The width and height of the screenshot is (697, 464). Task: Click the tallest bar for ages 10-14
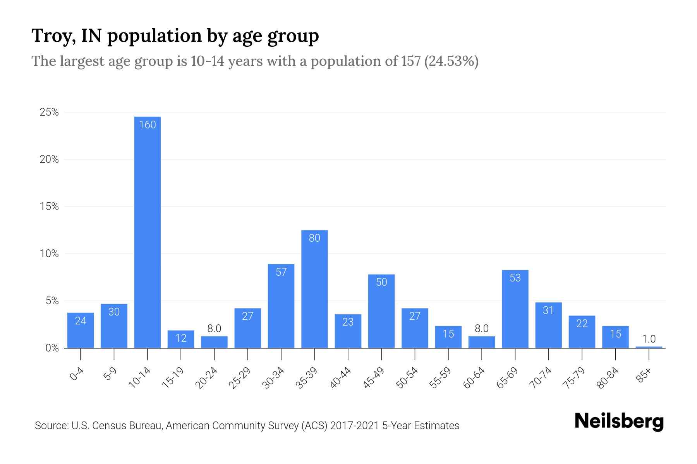coord(147,232)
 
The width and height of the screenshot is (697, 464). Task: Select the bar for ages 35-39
coord(314,290)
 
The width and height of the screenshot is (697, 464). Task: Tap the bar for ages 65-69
coord(515,309)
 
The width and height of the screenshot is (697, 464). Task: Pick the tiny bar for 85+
coord(649,347)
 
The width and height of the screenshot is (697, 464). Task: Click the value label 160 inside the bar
coord(147,125)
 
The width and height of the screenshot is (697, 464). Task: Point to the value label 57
coord(281,272)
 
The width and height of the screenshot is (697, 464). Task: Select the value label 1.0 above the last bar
coord(649,339)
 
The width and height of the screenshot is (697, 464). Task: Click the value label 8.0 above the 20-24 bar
coord(214,329)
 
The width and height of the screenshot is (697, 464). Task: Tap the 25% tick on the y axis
coord(49,113)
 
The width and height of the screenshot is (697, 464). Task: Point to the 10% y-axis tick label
coord(49,254)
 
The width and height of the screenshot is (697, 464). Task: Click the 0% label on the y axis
coord(52,348)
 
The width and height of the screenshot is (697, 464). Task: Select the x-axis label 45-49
coord(374,378)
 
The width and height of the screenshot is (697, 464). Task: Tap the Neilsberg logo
coord(619,422)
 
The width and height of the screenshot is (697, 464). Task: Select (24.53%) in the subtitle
coord(452,61)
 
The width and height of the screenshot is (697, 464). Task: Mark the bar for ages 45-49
coord(381,311)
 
